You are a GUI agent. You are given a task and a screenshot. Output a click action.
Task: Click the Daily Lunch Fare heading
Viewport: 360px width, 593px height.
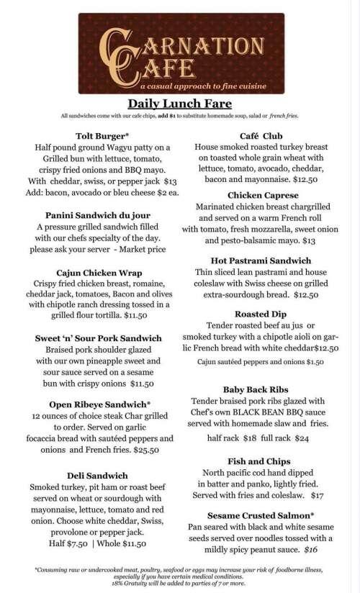pos(179,103)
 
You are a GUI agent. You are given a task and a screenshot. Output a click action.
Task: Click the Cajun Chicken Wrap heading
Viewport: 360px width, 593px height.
pos(97,274)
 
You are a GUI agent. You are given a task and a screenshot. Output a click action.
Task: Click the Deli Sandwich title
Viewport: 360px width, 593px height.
pos(97,475)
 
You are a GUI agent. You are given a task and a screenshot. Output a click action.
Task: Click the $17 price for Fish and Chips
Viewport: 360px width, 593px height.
pos(316,496)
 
